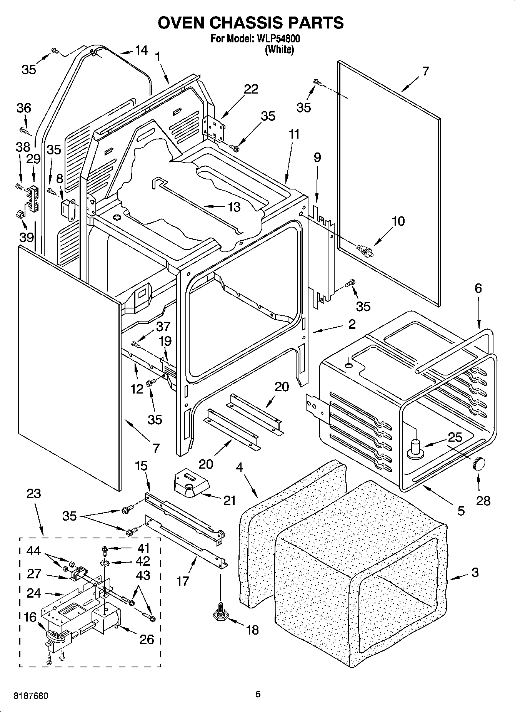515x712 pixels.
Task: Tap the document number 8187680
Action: click(31, 696)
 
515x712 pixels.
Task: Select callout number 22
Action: click(251, 89)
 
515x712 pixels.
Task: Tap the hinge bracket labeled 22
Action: click(213, 127)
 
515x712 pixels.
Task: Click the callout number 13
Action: click(234, 207)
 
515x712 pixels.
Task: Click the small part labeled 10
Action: click(365, 251)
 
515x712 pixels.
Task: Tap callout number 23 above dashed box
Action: click(33, 493)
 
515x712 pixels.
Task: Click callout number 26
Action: click(147, 639)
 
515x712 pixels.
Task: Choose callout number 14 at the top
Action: click(141, 50)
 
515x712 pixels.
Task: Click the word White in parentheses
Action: click(279, 49)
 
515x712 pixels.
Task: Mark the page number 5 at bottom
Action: click(258, 695)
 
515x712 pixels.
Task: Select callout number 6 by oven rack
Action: click(478, 288)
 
